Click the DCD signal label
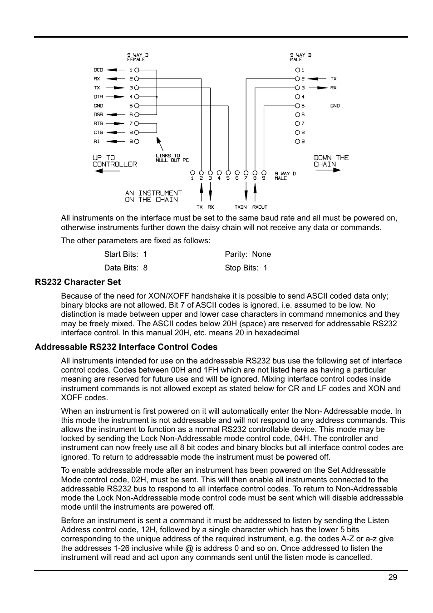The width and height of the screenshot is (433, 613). coord(98,70)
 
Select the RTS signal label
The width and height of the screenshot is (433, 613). coord(98,123)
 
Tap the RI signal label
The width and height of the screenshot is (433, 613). coord(97,142)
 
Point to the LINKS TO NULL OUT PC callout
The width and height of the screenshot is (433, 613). coord(172,158)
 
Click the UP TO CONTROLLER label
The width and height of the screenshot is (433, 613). coord(114,161)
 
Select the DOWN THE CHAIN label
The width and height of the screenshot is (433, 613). coord(331,161)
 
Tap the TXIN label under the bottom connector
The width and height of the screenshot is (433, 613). coord(241,207)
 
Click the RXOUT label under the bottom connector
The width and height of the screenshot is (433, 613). coord(260,207)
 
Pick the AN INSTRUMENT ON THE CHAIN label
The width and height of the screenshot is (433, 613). coord(153,196)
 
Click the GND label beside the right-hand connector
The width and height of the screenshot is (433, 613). coord(335,106)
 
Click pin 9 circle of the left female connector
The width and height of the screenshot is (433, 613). coord(137,142)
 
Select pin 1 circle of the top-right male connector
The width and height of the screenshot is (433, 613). coord(298,70)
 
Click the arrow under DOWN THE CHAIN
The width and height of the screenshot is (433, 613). coord(327,170)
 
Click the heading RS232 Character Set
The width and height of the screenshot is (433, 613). coord(78,282)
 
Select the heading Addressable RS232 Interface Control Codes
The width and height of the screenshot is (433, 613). coord(126,347)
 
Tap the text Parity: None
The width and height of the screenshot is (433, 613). coord(247,254)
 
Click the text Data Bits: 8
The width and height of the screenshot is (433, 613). coord(126,268)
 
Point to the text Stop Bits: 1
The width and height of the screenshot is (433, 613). coord(246,268)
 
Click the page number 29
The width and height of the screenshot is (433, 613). coord(393,577)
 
